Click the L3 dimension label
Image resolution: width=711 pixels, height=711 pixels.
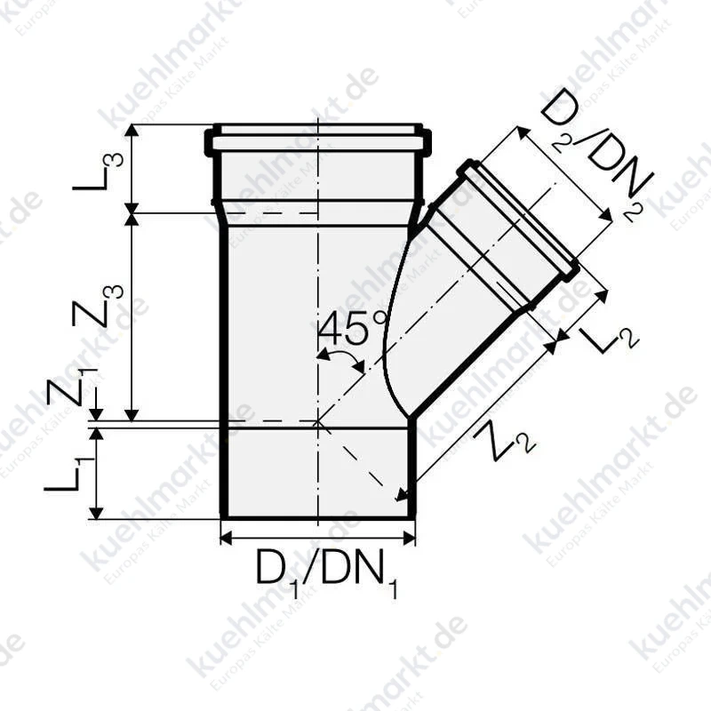[98, 172]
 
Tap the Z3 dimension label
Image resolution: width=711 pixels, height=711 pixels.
[98, 305]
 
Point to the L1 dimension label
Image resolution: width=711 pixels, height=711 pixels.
[69, 475]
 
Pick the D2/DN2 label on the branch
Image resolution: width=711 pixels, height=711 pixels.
[597, 156]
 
